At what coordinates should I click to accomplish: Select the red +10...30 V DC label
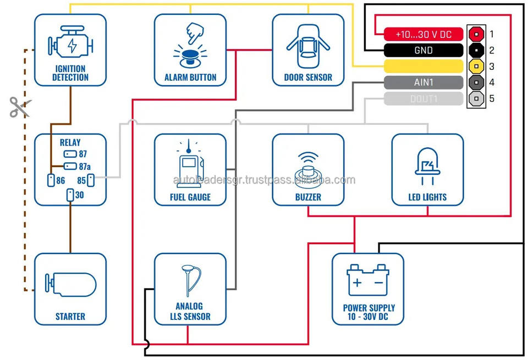click(423, 34)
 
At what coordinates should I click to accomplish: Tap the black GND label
click(423, 51)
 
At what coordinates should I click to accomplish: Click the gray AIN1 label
click(423, 83)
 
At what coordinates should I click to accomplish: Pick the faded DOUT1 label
click(423, 99)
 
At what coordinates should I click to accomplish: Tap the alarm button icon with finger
click(190, 44)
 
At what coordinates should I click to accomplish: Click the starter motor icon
click(70, 284)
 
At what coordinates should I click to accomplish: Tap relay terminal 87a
click(70, 166)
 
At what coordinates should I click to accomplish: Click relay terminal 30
click(70, 195)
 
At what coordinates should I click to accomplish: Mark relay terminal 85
click(91, 180)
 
